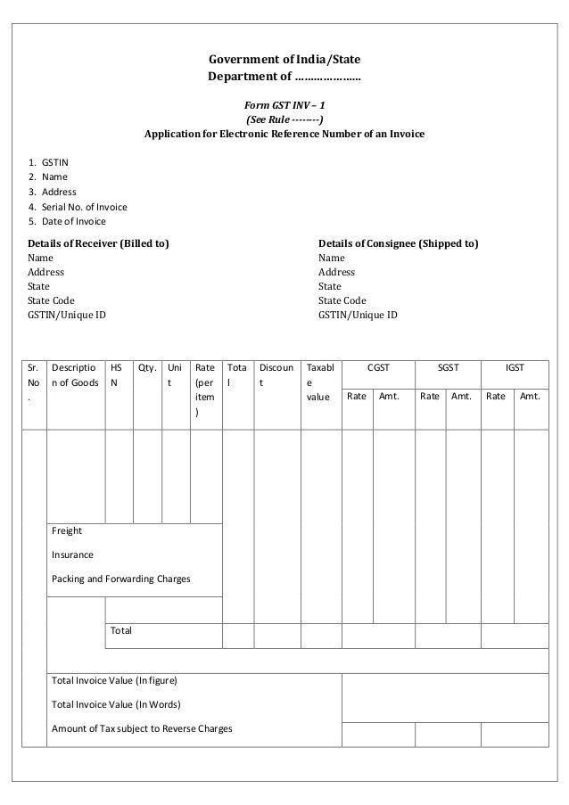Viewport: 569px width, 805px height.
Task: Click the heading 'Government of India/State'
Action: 284,61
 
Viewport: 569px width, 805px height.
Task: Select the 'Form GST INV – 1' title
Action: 284,104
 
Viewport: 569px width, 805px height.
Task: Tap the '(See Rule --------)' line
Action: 284,119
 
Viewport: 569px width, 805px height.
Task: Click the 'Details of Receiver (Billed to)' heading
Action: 99,242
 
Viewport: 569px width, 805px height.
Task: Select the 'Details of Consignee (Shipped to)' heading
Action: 399,242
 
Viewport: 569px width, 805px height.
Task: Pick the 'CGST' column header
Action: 379,367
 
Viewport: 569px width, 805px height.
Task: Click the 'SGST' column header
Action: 448,367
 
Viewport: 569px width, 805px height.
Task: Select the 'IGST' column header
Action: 515,367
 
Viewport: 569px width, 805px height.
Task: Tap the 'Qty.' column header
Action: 147,367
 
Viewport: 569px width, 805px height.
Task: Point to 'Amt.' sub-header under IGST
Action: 530,396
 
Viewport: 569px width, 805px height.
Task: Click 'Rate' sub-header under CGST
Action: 357,396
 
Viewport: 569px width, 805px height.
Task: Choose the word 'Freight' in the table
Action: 67,530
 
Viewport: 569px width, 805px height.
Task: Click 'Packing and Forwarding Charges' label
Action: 121,579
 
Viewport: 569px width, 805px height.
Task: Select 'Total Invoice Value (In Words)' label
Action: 116,704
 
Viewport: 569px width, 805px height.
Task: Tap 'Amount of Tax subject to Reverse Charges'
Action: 142,728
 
